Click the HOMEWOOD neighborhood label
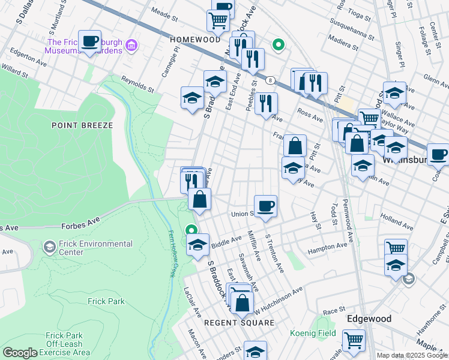pos(195,39)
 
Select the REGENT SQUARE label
pos(239,323)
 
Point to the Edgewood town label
pos(369,319)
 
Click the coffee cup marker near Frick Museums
pos(90,42)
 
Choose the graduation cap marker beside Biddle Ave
pos(197,245)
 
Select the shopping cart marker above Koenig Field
pos(354,340)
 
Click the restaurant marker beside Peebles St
pos(266,103)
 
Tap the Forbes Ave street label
pos(80,226)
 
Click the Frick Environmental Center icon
pos(50,247)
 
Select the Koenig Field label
pos(313,332)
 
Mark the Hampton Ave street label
pos(327,247)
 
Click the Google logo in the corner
pos(20,353)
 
